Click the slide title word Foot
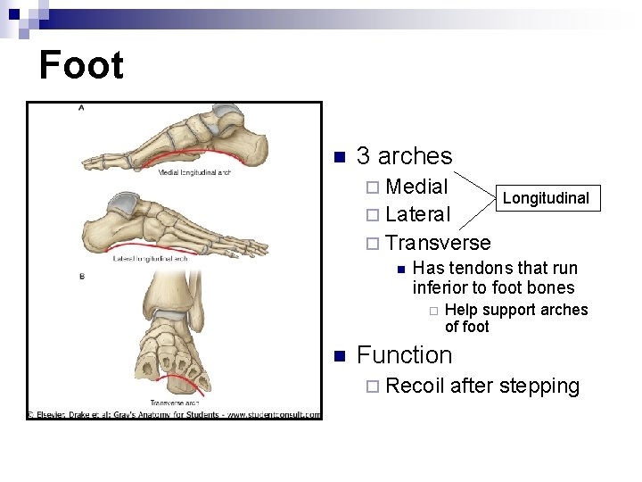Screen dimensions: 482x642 click(x=81, y=66)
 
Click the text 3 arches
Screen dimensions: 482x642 click(x=404, y=156)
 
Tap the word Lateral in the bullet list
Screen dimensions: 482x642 click(x=418, y=214)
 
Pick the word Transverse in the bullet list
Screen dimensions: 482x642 click(x=438, y=243)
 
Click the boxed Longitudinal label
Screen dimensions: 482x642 click(x=546, y=198)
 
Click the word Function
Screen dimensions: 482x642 click(x=404, y=355)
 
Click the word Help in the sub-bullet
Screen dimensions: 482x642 click(x=460, y=310)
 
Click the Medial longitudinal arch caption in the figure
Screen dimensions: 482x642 click(x=194, y=172)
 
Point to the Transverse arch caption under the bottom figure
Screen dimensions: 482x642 click(x=175, y=403)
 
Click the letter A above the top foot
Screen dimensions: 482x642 click(x=82, y=108)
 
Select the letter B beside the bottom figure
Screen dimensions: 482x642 click(x=82, y=276)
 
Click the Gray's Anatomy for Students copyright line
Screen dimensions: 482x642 click(x=174, y=414)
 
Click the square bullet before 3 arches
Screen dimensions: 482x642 click(x=338, y=158)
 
